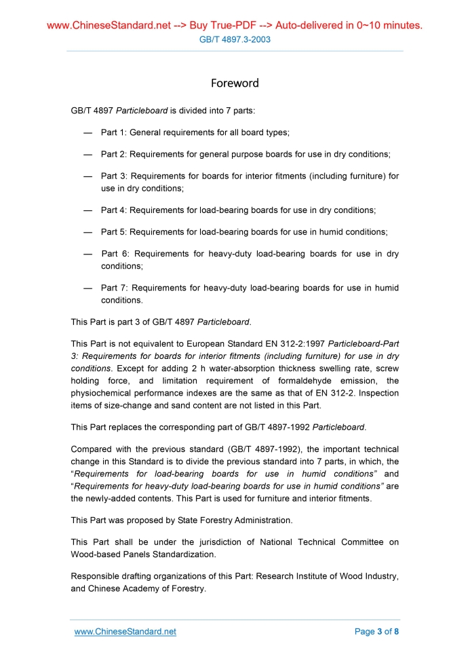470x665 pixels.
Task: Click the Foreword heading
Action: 235,83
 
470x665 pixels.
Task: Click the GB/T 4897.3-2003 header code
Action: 235,39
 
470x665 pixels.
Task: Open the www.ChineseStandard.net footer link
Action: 125,632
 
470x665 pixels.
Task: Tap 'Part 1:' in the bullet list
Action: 113,132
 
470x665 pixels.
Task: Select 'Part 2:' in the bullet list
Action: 113,155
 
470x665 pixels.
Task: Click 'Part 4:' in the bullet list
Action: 113,210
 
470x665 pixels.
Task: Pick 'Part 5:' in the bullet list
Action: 113,232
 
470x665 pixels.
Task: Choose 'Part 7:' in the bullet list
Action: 113,288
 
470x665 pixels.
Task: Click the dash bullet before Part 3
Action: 87,176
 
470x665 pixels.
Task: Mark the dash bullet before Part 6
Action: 87,254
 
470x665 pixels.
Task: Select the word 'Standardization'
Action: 183,554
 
